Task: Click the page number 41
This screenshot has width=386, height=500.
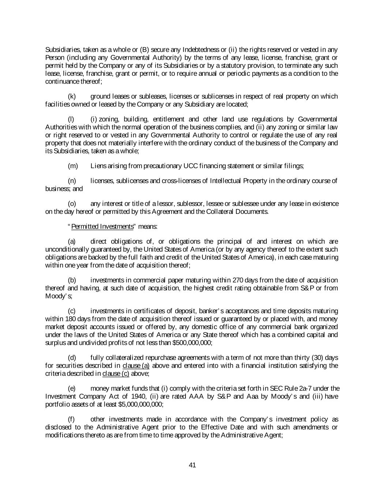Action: coord(192,465)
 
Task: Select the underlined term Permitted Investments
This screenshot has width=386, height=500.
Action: coord(102,226)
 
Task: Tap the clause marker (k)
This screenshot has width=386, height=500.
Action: coord(72,96)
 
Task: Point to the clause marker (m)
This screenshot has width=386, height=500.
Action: coord(73,166)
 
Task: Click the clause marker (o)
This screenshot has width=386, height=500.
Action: coord(72,203)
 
